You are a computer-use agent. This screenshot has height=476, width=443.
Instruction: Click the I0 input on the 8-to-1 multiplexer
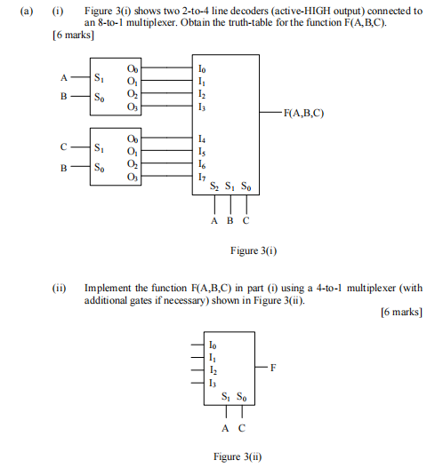(x=202, y=67)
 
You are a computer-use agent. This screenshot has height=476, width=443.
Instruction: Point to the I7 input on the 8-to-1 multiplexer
(x=202, y=177)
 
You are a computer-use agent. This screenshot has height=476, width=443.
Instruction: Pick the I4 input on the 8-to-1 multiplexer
(x=202, y=139)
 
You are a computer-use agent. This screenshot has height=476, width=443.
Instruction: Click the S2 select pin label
(x=213, y=188)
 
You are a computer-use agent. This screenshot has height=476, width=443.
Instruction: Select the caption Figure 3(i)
(x=254, y=250)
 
